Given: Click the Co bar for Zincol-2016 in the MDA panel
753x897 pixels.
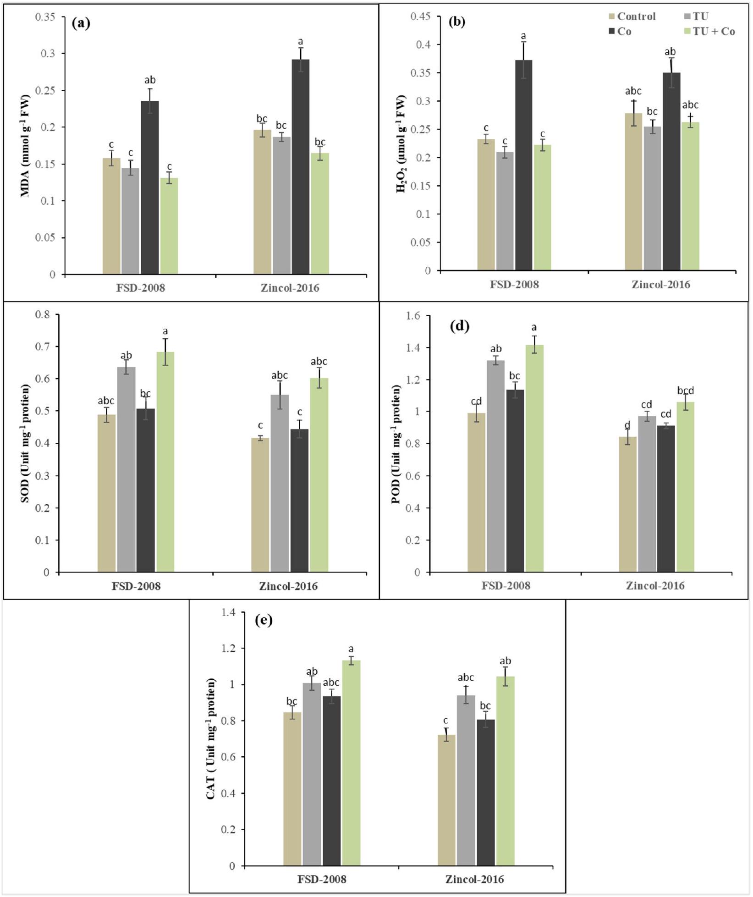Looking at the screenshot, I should coord(300,167).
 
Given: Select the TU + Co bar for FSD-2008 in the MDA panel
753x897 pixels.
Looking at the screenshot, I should coord(169,226).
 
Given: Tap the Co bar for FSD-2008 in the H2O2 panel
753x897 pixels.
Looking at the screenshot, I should coord(523,165).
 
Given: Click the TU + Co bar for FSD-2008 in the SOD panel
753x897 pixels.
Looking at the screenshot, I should coord(165,462).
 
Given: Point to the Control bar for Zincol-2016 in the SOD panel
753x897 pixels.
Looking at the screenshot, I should coord(260,505).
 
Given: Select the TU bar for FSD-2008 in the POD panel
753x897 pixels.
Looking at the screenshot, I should coord(495,466).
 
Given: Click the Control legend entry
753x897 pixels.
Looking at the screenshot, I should coord(632,17).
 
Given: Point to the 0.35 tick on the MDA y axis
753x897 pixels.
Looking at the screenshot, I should coord(45,17).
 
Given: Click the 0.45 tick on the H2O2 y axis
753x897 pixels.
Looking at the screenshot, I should coord(420,17).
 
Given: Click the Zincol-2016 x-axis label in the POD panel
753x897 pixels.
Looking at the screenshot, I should coord(655,586).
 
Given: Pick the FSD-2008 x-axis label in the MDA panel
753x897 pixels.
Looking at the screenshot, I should coord(140,288).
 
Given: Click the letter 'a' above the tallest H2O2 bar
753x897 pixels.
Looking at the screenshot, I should coord(523,36).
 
